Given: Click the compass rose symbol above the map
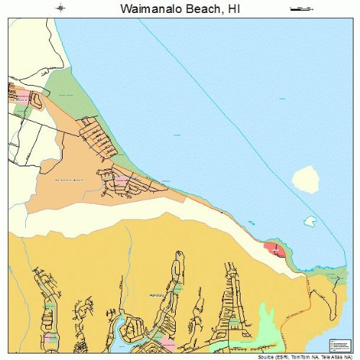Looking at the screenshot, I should pyautogui.click(x=60, y=9).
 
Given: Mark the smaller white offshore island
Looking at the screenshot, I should pyautogui.click(x=310, y=220).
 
